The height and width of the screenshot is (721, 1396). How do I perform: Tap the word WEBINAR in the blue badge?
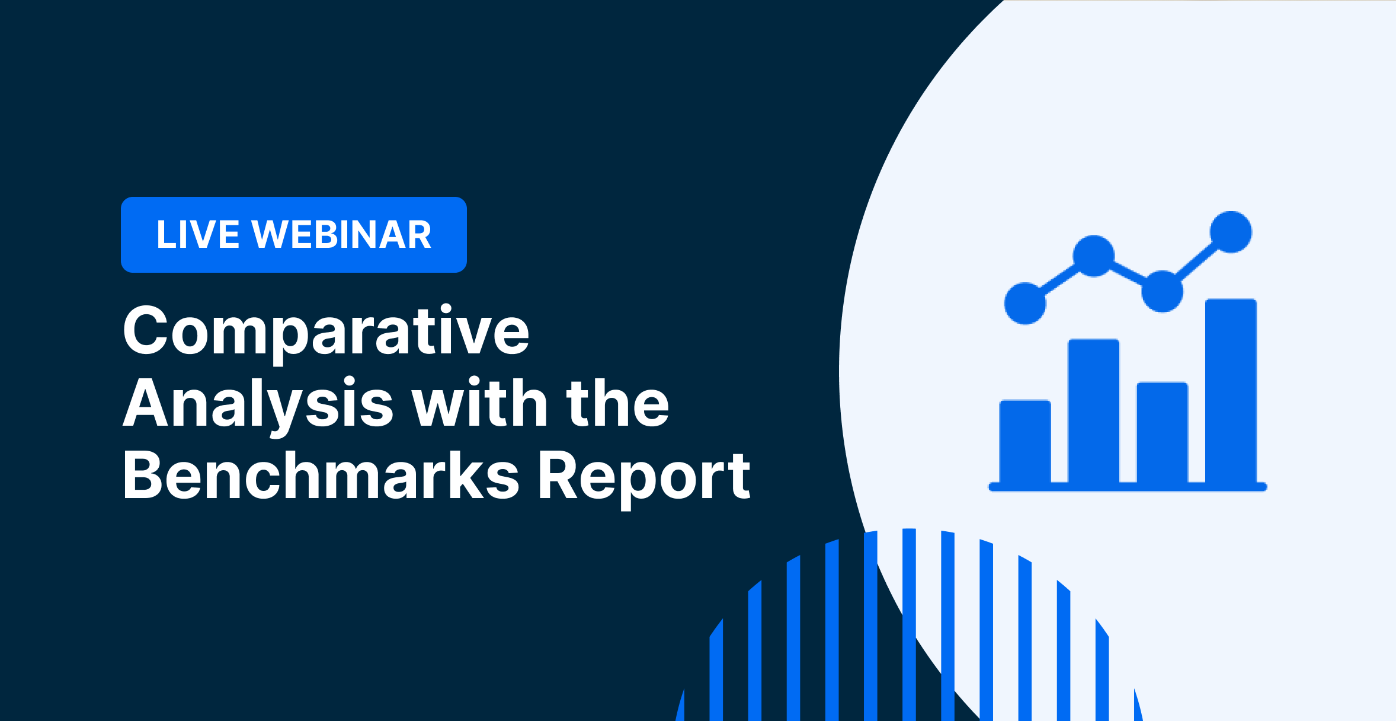tap(342, 234)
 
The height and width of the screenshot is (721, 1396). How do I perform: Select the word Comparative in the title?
tap(326, 332)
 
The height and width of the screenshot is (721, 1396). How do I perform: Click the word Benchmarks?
tap(321, 474)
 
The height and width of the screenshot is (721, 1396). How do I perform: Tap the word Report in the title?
tap(643, 478)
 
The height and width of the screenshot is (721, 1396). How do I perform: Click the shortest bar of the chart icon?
tap(1025, 441)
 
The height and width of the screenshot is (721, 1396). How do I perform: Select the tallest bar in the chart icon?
tap(1231, 391)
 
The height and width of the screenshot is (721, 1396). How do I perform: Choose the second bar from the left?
tap(1094, 411)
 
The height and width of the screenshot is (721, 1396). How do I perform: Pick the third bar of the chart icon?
tap(1162, 432)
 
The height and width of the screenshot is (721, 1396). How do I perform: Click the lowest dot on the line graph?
tap(1025, 304)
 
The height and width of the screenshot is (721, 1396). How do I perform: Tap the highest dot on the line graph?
tap(1231, 232)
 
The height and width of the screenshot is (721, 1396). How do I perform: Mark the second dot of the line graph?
tap(1094, 256)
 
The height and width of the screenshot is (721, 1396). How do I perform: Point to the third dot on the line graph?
tap(1162, 291)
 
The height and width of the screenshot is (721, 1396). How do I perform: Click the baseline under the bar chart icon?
tap(1128, 487)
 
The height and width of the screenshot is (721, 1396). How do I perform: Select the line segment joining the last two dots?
tap(1196, 261)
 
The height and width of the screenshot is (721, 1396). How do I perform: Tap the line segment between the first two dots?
tap(1059, 280)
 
